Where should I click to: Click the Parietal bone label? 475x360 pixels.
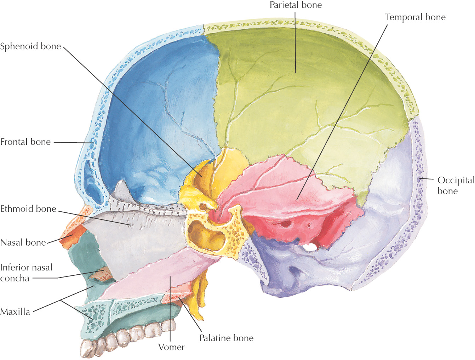[x=296, y=5]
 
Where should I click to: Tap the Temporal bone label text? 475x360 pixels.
[x=415, y=17]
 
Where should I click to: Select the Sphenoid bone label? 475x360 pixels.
[x=30, y=46]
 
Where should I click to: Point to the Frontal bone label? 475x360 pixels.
[x=25, y=142]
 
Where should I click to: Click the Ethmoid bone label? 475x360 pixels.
[x=28, y=209]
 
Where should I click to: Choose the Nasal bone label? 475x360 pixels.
[x=23, y=242]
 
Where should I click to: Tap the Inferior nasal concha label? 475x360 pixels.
[x=26, y=273]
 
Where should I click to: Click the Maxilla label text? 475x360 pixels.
[x=15, y=312]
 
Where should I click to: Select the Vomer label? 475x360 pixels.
[x=171, y=347]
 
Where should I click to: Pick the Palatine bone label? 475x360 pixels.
[x=226, y=338]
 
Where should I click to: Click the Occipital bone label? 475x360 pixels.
[x=456, y=185]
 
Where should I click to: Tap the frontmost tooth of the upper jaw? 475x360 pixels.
[x=86, y=349]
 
